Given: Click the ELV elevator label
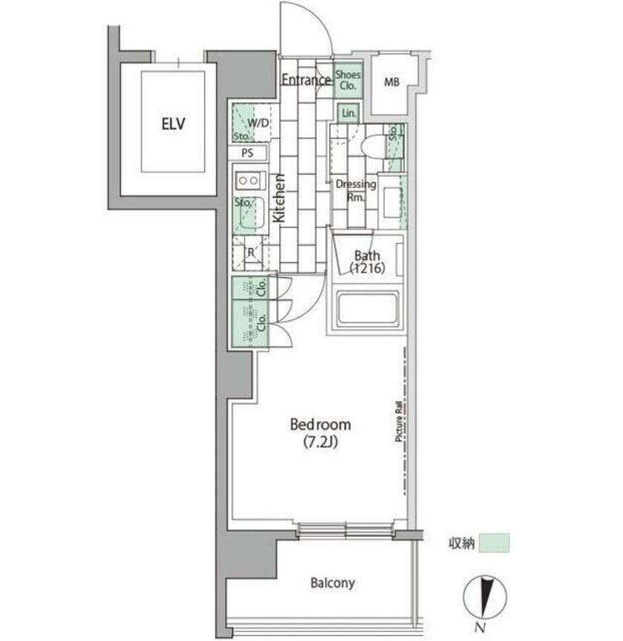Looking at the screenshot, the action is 173,123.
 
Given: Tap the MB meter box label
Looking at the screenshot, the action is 391,82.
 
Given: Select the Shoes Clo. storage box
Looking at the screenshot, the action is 348,80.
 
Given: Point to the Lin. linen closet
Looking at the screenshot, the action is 349,113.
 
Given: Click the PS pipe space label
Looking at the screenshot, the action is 247,153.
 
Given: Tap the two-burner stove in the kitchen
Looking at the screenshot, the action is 249,180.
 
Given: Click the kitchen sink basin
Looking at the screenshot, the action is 250,213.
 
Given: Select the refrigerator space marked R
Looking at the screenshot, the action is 250,253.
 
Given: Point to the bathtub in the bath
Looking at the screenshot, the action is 367,309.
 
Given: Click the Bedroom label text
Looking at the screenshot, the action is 320,425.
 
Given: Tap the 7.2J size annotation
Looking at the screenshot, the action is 321,442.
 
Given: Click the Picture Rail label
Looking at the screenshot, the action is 399,422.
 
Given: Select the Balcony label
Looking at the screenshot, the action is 333,583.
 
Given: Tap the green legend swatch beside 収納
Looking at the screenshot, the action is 495,543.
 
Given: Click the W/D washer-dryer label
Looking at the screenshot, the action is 258,123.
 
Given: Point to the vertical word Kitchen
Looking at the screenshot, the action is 278,198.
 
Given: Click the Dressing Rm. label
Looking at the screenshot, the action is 356,190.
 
